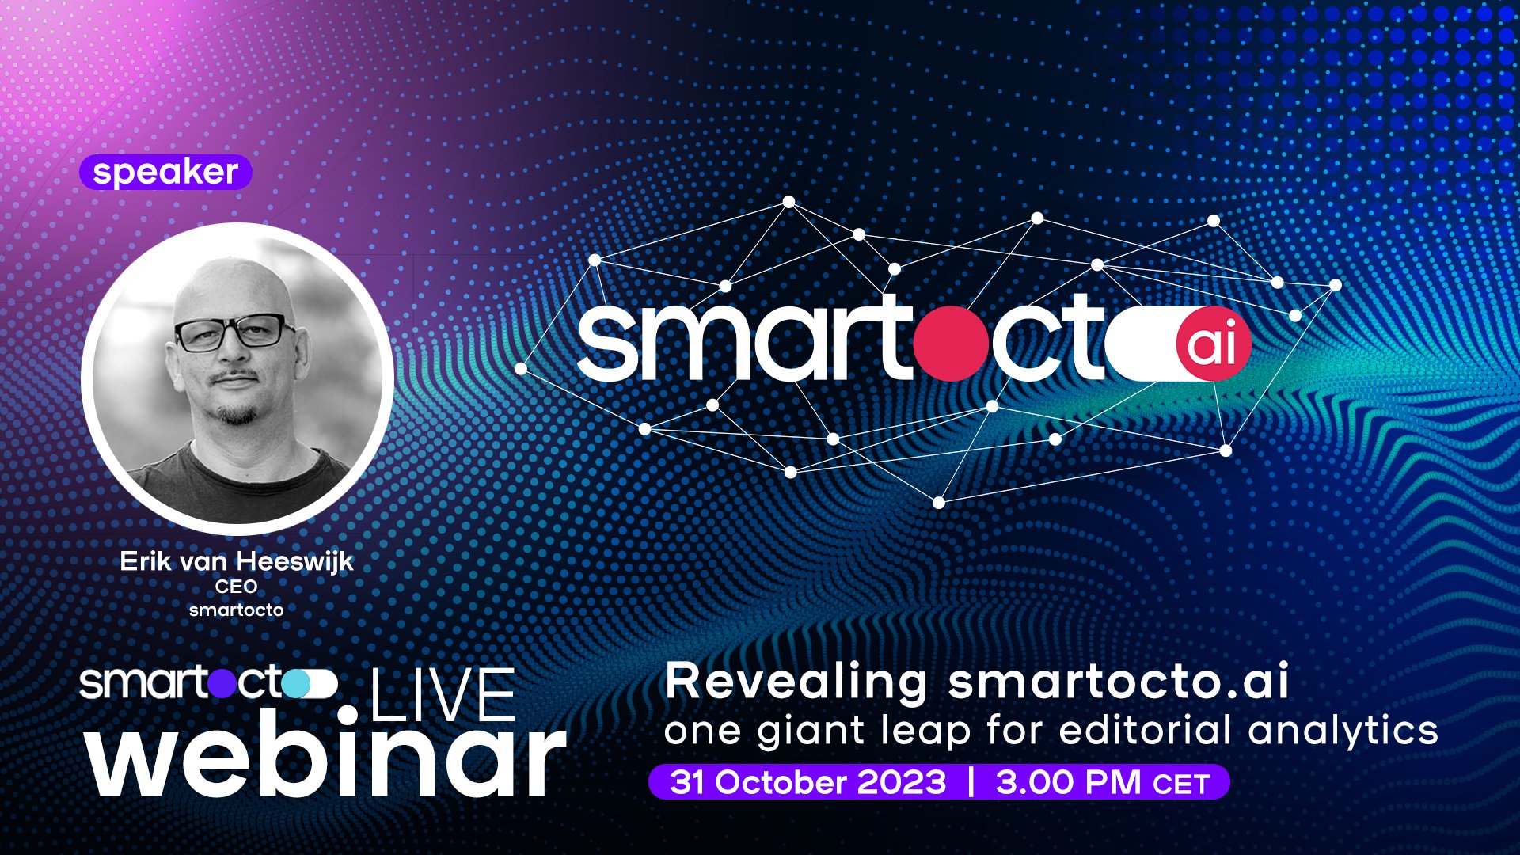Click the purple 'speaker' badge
pyautogui.click(x=165, y=172)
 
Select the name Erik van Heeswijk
pyautogui.click(x=237, y=561)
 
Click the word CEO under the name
pyautogui.click(x=237, y=587)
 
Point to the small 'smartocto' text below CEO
pyautogui.click(x=237, y=610)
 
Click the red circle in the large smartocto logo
pyautogui.click(x=952, y=342)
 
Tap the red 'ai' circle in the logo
pyautogui.click(x=1213, y=344)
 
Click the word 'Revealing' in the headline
pyautogui.click(x=796, y=682)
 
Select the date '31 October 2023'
pyautogui.click(x=808, y=782)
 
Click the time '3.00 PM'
pyautogui.click(x=1068, y=782)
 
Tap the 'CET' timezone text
pyautogui.click(x=1182, y=785)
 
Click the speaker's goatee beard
pyautogui.click(x=237, y=412)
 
